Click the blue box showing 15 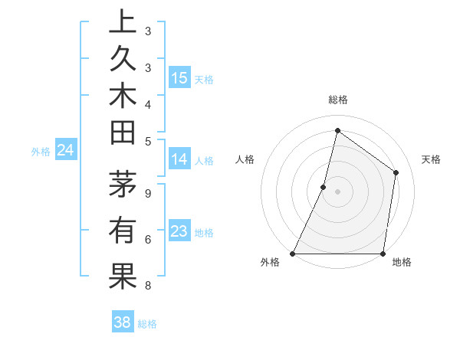click(179, 77)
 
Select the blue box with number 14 click(179, 159)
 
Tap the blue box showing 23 click(179, 231)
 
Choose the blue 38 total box click(123, 322)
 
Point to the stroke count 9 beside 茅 click(147, 193)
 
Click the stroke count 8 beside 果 click(147, 286)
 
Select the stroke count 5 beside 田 click(147, 141)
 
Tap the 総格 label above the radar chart click(337, 100)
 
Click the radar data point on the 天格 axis click(396, 172)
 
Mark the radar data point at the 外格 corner click(293, 254)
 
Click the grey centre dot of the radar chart click(337, 191)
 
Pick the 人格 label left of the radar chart click(245, 159)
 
